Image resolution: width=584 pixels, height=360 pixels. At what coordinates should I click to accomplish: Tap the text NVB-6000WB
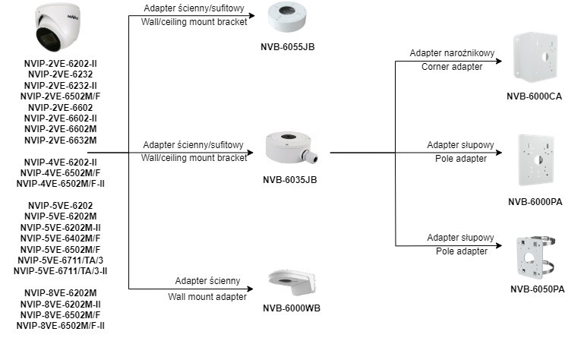click(x=291, y=308)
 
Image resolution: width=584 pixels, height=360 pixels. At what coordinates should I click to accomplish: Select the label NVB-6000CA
click(x=535, y=96)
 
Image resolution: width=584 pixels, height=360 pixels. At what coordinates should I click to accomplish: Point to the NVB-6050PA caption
click(x=537, y=289)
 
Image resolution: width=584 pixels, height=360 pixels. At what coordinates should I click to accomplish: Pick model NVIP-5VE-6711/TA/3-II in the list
click(x=61, y=270)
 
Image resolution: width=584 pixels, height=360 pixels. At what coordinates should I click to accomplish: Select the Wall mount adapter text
click(x=207, y=296)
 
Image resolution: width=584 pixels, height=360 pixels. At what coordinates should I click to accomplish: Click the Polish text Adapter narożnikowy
click(x=452, y=53)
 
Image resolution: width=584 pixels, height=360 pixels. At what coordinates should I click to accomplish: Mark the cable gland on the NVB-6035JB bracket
click(x=311, y=156)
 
